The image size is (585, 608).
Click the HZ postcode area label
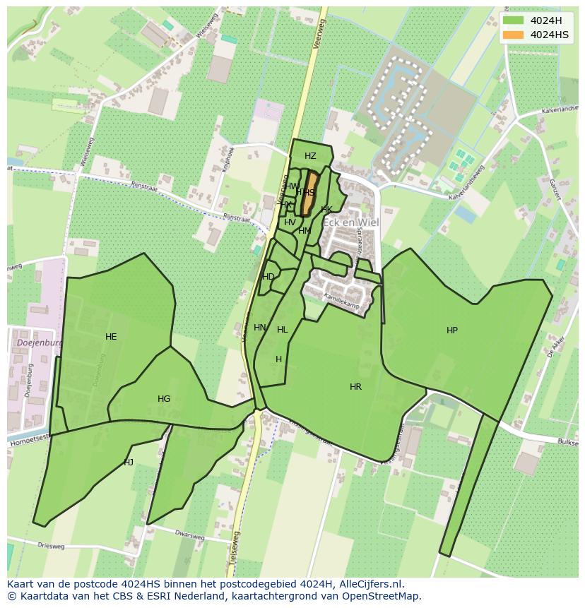310,156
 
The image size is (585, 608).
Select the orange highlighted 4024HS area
309,194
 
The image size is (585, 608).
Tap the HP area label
452,330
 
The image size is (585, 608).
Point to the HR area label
355,387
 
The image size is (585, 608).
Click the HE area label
111,337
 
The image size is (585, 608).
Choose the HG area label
164,399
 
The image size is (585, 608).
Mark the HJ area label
129,463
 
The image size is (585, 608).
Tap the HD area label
268,277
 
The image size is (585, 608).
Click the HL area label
283,330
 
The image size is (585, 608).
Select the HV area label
290,222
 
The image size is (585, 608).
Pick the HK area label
326,210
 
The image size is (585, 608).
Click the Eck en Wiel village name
351,222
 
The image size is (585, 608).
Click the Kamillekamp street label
342,302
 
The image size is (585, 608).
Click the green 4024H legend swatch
514,20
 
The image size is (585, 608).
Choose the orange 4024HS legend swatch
514,35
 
